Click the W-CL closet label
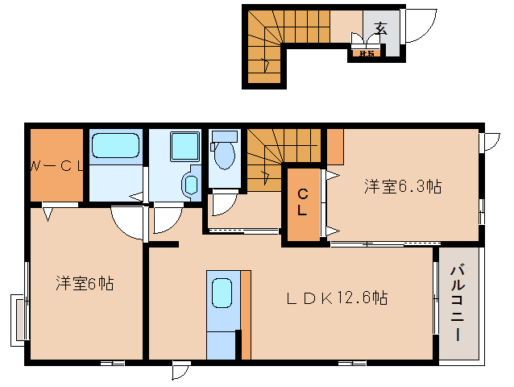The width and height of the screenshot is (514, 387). pyautogui.click(x=56, y=167)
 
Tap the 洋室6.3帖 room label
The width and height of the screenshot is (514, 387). pyautogui.click(x=401, y=187)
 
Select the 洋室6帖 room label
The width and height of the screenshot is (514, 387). pyautogui.click(x=84, y=283)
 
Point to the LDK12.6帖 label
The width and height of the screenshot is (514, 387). pyautogui.click(x=337, y=298)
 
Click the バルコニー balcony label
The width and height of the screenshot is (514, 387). pyautogui.click(x=458, y=302)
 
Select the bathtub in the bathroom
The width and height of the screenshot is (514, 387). pyautogui.click(x=115, y=147)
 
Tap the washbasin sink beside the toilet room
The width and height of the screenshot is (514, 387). pyautogui.click(x=191, y=183)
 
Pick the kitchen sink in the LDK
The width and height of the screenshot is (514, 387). pyautogui.click(x=222, y=293)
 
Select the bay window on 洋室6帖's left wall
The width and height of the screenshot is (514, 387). pyautogui.click(x=19, y=318)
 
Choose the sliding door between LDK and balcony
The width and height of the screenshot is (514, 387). pyautogui.click(x=436, y=302)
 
